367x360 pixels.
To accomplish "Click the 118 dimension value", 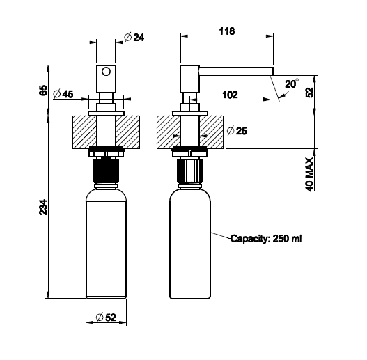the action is [x=227, y=31].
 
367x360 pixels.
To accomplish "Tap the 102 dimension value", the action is [x=230, y=95].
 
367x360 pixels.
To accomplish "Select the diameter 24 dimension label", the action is [x=134, y=37].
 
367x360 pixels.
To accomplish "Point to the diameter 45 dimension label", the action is [x=63, y=94].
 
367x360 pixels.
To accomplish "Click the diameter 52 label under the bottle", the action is [x=106, y=318].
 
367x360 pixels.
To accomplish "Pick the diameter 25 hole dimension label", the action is [x=237, y=131].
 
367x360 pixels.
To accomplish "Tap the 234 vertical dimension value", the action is [x=43, y=207].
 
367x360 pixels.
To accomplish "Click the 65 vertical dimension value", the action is [x=43, y=90].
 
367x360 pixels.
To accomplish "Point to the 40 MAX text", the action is [x=309, y=174].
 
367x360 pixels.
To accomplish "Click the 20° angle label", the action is [x=292, y=84].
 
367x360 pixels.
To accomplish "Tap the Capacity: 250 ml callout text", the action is [x=266, y=239].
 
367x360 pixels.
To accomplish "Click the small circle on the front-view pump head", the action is [x=106, y=72].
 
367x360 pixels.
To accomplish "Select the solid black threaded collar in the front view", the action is [x=106, y=171].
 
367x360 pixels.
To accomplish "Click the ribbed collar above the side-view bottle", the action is [x=189, y=171].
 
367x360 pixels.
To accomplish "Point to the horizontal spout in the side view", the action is [x=236, y=72].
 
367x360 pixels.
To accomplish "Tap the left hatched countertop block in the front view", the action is [x=84, y=132].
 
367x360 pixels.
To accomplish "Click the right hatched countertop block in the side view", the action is [x=211, y=132].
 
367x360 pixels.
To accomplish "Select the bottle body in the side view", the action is [x=190, y=244].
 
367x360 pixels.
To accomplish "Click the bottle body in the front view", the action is [x=107, y=244].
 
